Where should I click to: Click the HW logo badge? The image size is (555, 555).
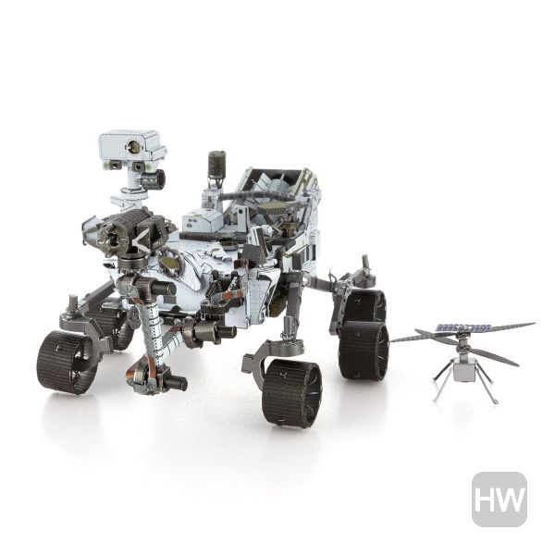click(x=499, y=499)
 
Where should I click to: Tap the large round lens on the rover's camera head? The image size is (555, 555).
click(x=134, y=146)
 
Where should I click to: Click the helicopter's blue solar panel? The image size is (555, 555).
click(x=464, y=327)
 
